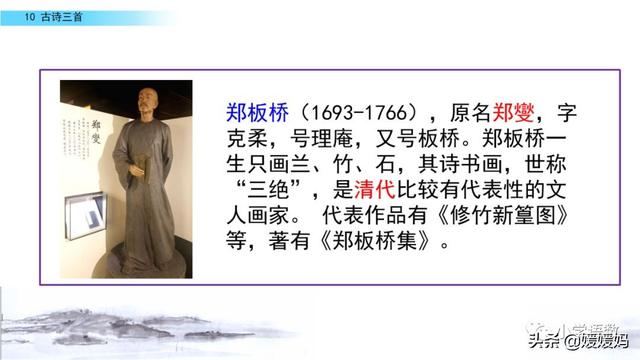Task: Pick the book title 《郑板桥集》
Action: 374,241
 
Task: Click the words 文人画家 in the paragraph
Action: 255,215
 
